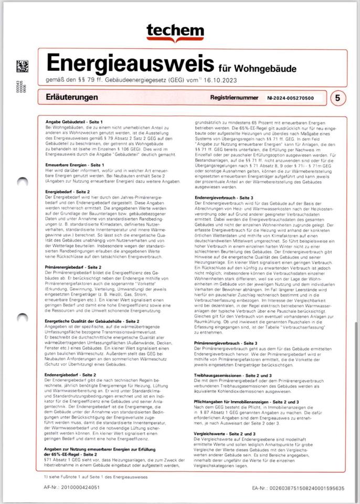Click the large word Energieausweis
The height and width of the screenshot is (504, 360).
coord(130,64)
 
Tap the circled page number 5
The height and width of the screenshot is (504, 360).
coord(337,98)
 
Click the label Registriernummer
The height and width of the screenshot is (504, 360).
coord(234,98)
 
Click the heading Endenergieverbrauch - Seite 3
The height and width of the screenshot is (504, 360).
coord(224,197)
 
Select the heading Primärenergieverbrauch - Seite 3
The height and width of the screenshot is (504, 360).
coord(226,342)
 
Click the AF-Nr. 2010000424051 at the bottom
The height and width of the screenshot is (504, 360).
coord(71,488)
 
